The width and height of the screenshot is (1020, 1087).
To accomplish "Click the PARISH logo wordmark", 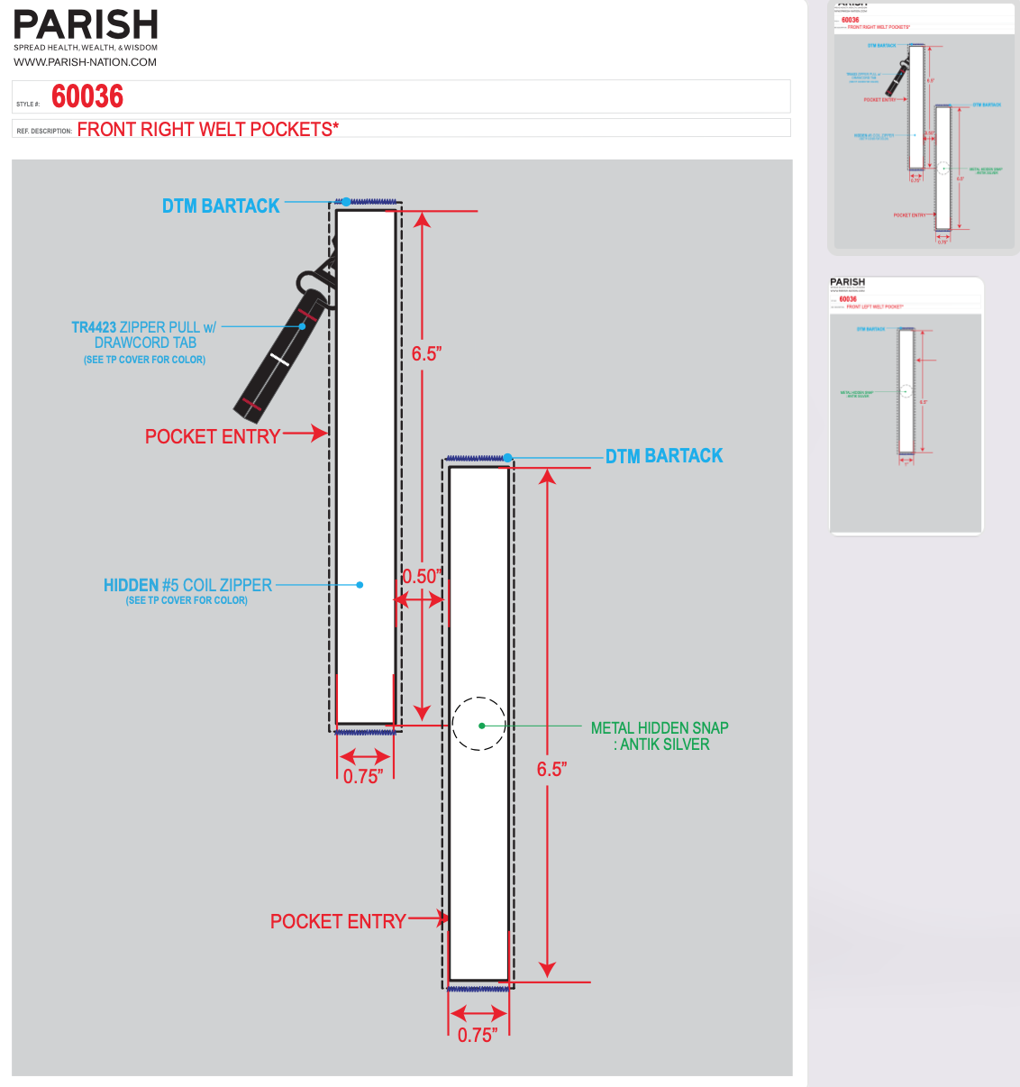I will (86, 25).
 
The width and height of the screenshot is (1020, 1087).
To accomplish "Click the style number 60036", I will (87, 96).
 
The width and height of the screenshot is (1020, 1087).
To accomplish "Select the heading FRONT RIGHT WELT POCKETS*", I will (208, 129).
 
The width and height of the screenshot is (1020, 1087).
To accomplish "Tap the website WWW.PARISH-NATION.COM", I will (85, 62).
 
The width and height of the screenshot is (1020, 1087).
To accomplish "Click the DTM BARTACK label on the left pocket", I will (221, 206).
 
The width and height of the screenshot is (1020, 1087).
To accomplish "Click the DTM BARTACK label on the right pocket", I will (664, 456).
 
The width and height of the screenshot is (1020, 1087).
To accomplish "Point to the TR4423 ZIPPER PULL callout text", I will (144, 334).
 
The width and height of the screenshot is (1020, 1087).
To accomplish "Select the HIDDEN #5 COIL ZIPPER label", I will (187, 585).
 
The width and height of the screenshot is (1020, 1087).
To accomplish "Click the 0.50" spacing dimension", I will (422, 577).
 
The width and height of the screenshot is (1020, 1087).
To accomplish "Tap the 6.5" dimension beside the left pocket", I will (426, 353).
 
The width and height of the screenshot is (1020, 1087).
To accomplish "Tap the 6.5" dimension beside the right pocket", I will (551, 769).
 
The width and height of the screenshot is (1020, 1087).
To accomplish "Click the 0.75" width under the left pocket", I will (363, 776).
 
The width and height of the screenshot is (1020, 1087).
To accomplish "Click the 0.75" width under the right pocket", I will (478, 1035).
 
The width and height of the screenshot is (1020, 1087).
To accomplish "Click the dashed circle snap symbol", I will (479, 724).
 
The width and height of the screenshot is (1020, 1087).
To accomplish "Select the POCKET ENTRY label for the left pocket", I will (213, 436).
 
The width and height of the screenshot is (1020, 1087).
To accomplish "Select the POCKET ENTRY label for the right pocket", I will (338, 921).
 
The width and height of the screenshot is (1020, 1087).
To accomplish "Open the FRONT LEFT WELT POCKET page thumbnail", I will (906, 406).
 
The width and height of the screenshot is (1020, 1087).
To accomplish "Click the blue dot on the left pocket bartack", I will (346, 202).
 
